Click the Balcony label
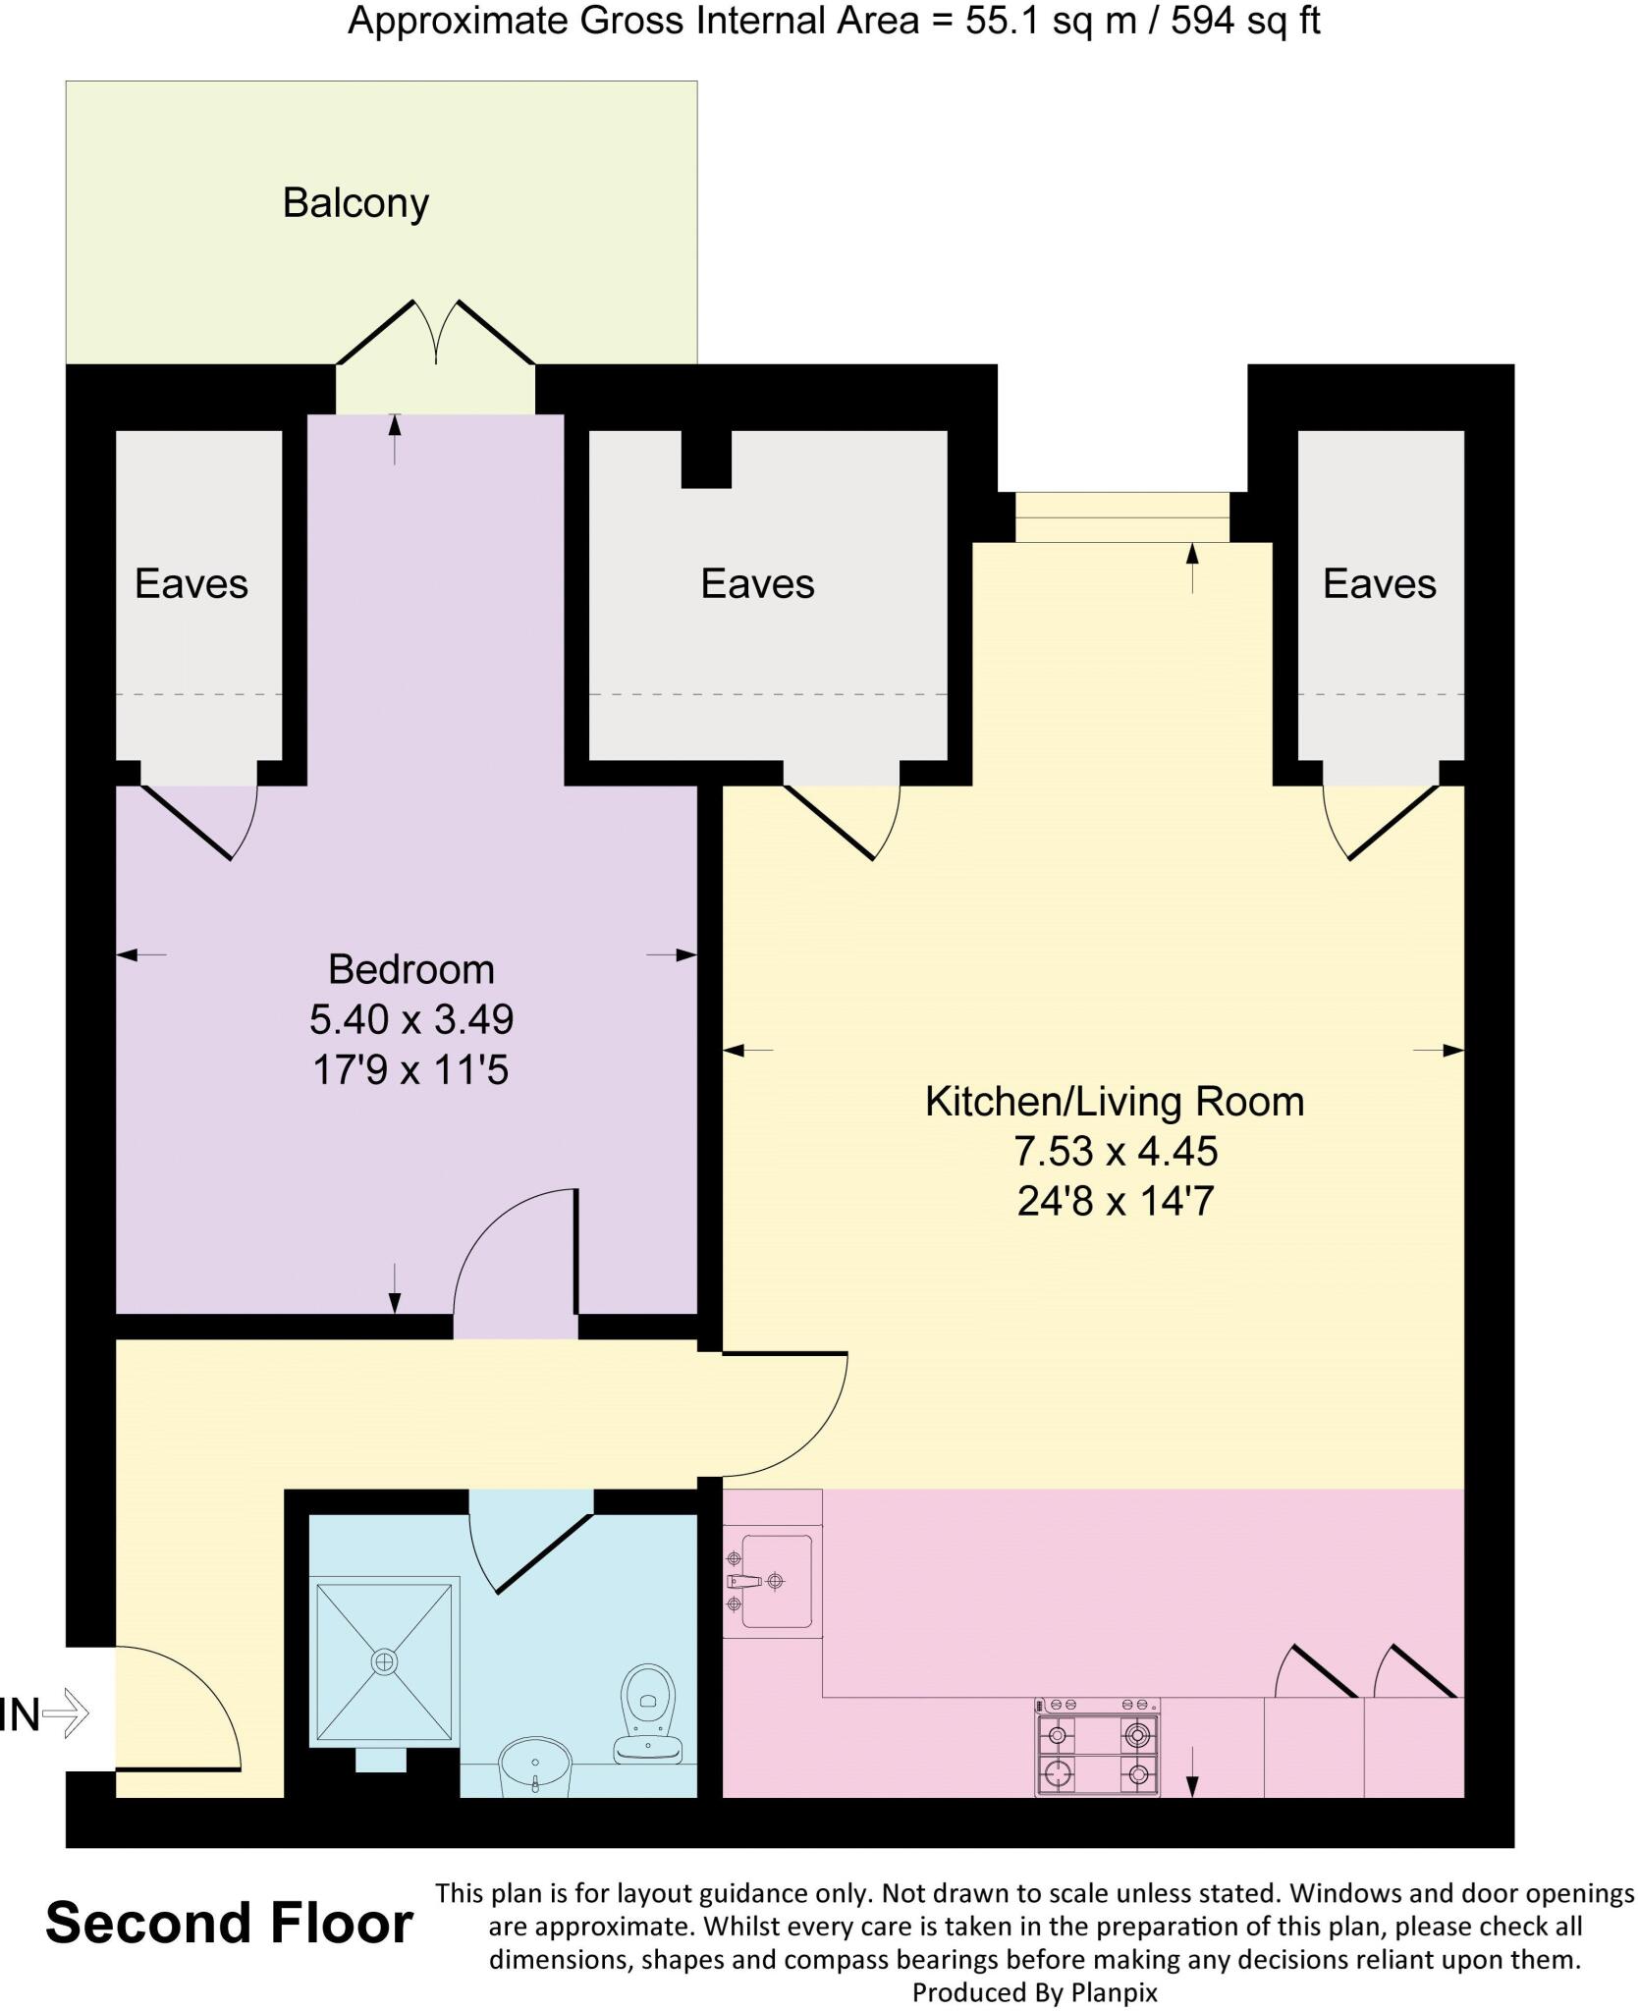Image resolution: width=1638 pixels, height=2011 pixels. point(355,203)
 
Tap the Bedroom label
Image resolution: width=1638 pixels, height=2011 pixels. point(410,969)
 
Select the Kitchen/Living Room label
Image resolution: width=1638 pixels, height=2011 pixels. point(1115,1101)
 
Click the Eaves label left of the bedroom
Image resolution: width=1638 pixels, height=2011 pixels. point(191,583)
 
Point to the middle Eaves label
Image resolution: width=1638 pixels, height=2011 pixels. point(757,583)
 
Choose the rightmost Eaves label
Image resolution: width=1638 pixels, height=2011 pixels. point(1379,583)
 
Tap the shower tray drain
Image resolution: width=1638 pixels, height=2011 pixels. point(384,1661)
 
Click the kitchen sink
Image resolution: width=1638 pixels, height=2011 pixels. point(775,1581)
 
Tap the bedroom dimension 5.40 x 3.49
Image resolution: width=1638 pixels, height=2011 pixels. point(410,1019)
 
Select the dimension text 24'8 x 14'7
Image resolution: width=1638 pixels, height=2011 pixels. point(1115,1201)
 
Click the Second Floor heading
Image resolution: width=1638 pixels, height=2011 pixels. point(229,1924)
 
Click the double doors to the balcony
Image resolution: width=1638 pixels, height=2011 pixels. point(436,334)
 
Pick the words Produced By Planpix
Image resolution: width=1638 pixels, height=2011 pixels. point(1034,1992)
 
